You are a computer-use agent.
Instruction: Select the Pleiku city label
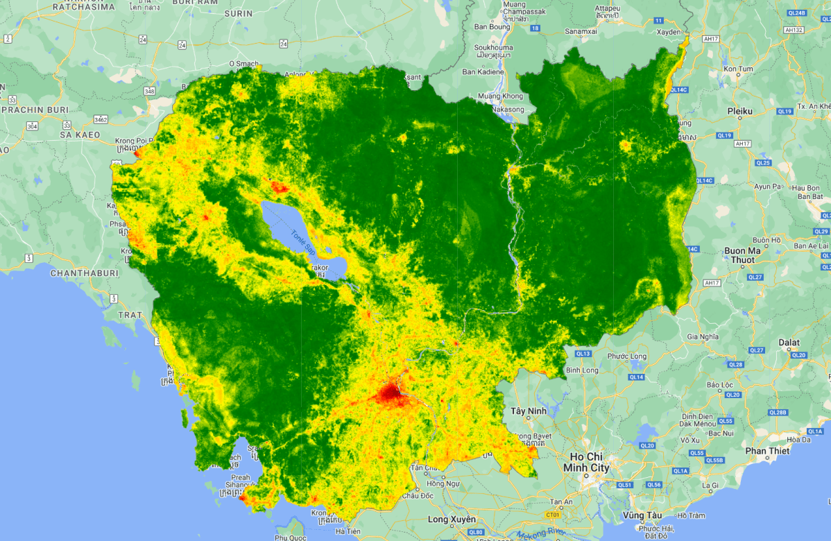[740, 111]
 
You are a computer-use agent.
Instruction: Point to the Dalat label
[789, 343]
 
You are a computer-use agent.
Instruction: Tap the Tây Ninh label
[529, 411]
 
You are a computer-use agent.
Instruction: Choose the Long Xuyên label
[452, 519]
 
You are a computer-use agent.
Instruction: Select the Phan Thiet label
[768, 451]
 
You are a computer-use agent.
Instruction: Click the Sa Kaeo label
[80, 134]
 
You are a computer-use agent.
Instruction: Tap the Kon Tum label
[738, 69]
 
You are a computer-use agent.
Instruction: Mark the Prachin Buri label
[35, 110]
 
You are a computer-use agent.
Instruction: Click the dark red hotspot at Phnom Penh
[390, 394]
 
